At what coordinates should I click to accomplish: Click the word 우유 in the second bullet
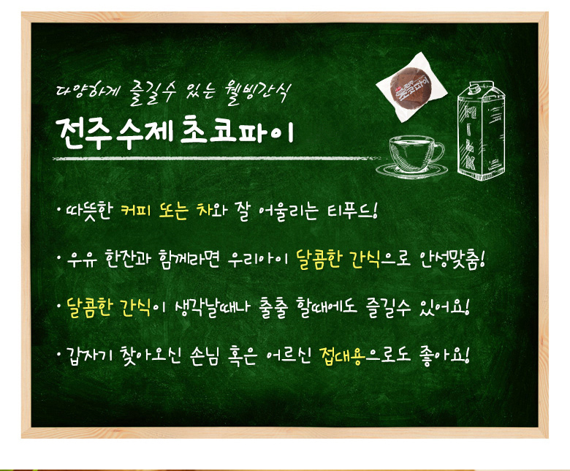(82, 260)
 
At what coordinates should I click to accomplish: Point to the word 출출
(274, 309)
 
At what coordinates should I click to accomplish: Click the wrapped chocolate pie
(411, 87)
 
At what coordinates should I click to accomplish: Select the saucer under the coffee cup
(412, 170)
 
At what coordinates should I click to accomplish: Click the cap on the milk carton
(476, 86)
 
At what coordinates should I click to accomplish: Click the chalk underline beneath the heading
(217, 159)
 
